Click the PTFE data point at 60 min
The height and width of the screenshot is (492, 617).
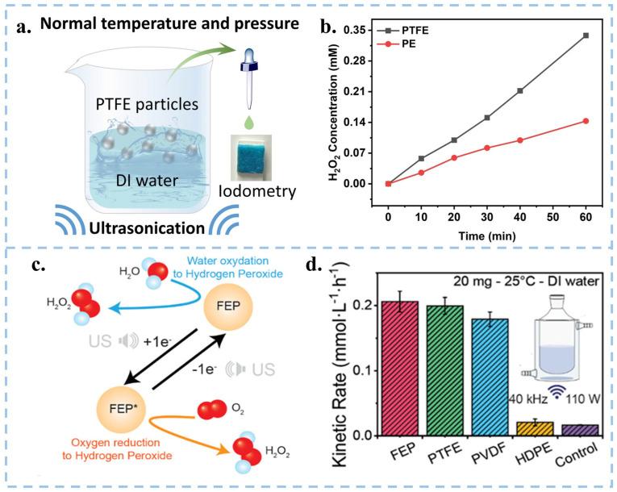(x=586, y=35)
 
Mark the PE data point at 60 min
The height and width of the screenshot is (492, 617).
(x=586, y=121)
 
